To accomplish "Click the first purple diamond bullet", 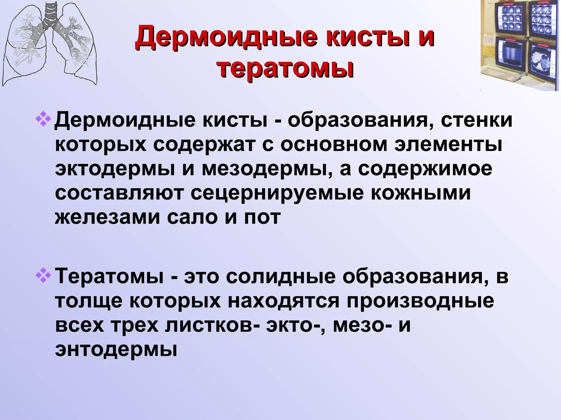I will (43, 120).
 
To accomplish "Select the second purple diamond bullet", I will (43, 276).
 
